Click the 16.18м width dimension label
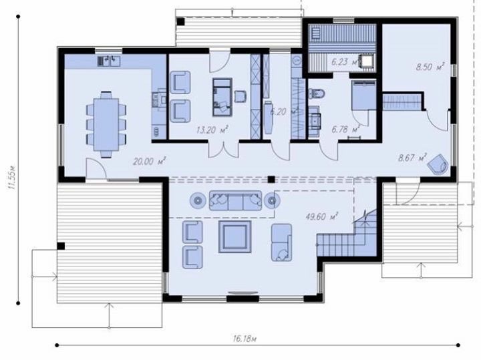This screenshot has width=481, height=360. (x=245, y=339)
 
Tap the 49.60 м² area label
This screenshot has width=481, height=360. (x=321, y=216)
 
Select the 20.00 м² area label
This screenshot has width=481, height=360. (x=150, y=161)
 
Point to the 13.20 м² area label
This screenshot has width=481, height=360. (x=212, y=130)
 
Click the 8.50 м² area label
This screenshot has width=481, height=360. (x=430, y=67)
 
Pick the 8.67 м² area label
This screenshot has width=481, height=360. (x=412, y=158)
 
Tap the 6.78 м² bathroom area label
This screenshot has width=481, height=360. (x=346, y=129)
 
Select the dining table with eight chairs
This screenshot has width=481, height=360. (x=106, y=124)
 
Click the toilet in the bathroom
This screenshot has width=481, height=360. (x=317, y=94)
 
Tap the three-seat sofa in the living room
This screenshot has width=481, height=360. (x=235, y=200)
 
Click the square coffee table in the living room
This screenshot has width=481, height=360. (x=234, y=236)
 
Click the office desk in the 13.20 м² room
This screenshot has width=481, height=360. (x=222, y=97)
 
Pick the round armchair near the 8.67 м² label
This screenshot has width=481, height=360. (x=438, y=164)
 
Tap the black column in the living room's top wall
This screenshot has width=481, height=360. (x=271, y=180)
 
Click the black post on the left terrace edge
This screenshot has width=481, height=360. (x=61, y=246)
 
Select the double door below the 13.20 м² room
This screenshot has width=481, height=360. (x=224, y=150)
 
